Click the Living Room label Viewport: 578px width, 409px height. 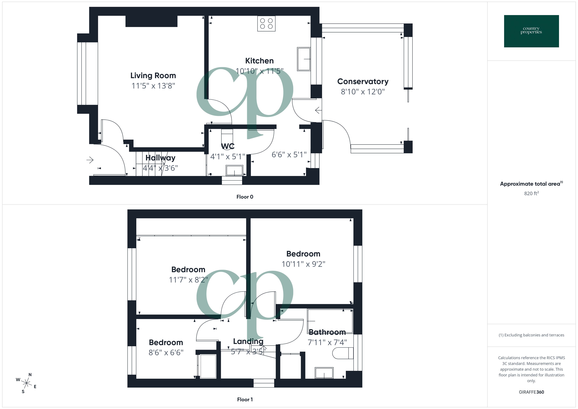(x=153, y=76)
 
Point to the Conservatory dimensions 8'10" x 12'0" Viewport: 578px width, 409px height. (x=363, y=92)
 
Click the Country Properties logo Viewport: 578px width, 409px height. (x=531, y=31)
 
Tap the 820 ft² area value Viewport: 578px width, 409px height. (x=531, y=193)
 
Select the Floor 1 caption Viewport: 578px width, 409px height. (x=245, y=399)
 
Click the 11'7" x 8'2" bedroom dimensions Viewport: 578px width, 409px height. (x=188, y=280)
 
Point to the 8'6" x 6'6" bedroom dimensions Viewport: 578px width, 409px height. (x=166, y=353)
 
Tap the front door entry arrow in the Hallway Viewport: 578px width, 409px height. (x=90, y=160)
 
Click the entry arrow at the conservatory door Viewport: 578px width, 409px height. (x=318, y=110)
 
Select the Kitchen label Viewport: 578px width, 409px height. (x=259, y=61)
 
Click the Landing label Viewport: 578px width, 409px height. (x=248, y=341)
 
